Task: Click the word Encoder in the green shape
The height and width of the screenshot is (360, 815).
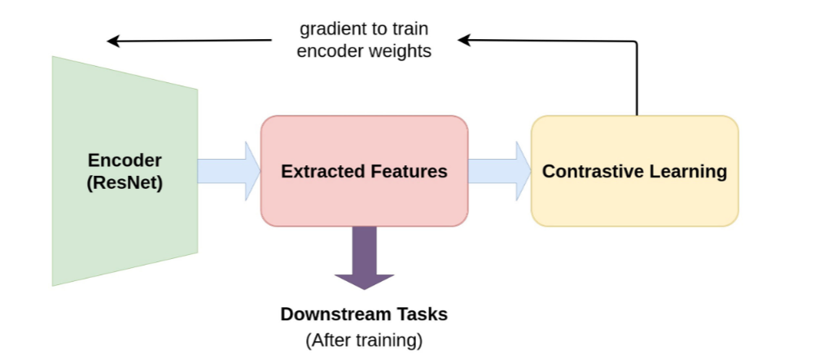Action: pos(125,160)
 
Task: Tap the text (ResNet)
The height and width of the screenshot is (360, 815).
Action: pos(125,183)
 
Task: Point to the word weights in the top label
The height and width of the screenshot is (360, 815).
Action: pos(402,50)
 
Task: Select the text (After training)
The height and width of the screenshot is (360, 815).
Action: pos(364,340)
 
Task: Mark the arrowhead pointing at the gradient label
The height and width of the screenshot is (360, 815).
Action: pos(464,40)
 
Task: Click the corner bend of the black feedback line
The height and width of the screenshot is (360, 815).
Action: pos(636,41)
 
